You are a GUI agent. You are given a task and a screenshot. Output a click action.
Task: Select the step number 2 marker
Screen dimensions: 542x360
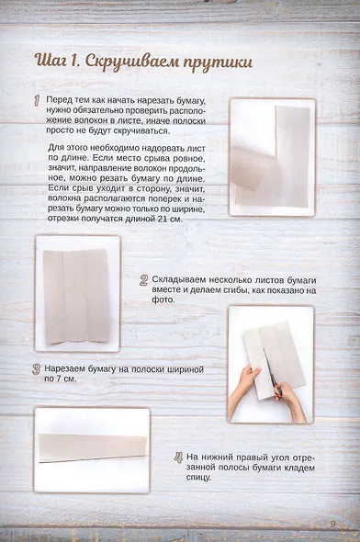point(144,281)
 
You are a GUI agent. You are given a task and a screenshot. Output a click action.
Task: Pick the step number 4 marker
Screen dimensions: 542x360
point(178,457)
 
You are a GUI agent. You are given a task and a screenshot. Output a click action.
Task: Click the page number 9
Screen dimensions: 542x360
point(332,524)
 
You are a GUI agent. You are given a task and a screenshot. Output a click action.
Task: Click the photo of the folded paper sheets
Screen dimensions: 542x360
point(77,292)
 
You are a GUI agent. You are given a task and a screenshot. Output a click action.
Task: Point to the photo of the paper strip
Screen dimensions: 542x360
point(92,449)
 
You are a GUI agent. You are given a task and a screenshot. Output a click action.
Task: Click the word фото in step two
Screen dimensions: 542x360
point(163,299)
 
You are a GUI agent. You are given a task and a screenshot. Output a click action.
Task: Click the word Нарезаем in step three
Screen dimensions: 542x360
point(68,367)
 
